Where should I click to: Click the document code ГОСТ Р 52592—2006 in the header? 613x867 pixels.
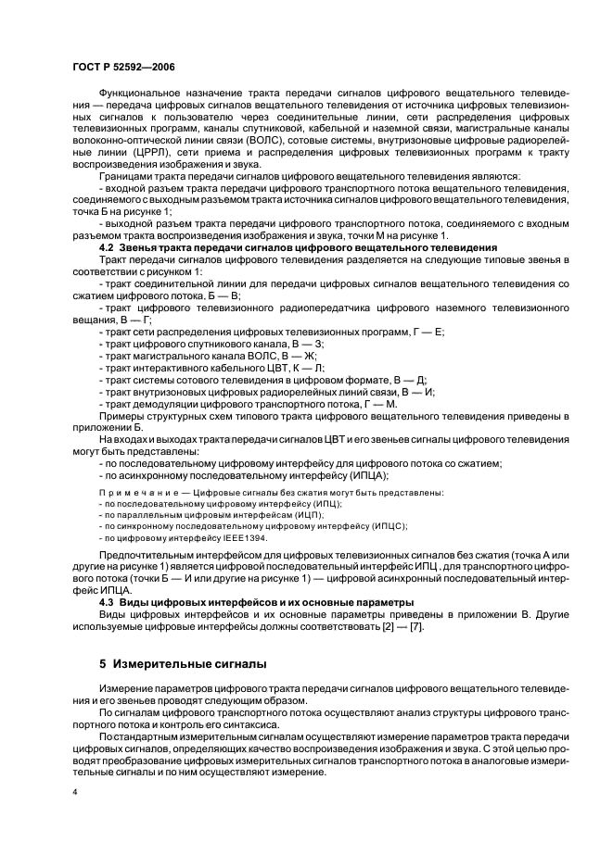[122, 67]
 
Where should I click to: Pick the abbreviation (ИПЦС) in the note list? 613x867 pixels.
[384, 525]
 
